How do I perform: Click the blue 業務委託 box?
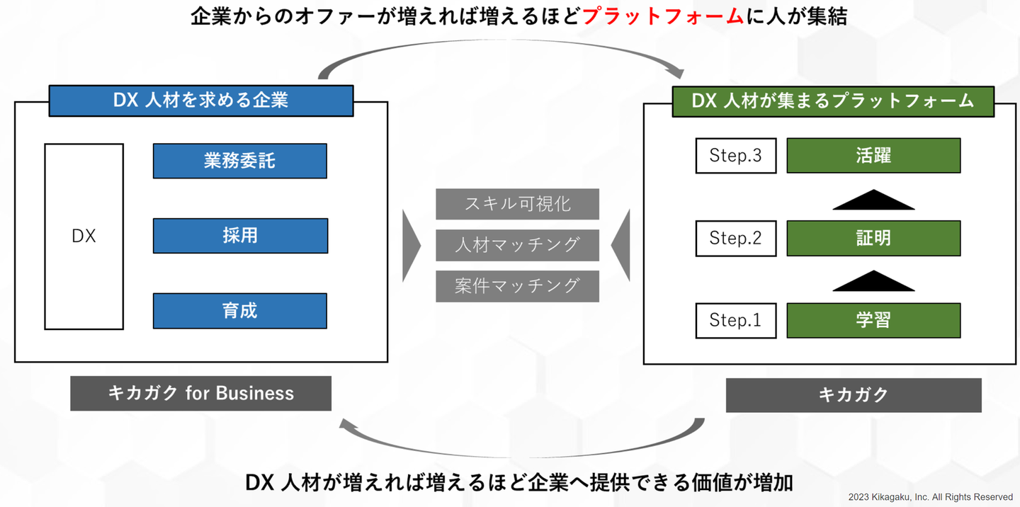[x=239, y=161]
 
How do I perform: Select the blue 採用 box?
[x=240, y=236]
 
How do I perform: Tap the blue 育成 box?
[x=239, y=311]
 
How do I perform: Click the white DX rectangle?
[x=84, y=237]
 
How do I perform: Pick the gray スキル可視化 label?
[x=517, y=204]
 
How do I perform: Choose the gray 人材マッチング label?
[x=517, y=245]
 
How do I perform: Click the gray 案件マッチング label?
[x=517, y=286]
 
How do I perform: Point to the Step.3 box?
[x=735, y=156]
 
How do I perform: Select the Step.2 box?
[x=735, y=238]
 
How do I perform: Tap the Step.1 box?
[x=735, y=320]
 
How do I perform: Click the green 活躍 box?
[x=873, y=156]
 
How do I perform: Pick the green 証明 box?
[x=873, y=238]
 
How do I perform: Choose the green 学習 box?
[x=873, y=320]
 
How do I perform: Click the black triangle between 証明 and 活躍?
[x=873, y=201]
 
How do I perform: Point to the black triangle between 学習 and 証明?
[x=873, y=282]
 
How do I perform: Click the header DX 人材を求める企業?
[x=200, y=101]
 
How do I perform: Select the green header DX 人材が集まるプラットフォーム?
[x=833, y=101]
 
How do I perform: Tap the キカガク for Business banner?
[x=200, y=393]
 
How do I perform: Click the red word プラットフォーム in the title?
[x=663, y=16]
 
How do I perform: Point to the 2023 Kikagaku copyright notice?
[x=930, y=497]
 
